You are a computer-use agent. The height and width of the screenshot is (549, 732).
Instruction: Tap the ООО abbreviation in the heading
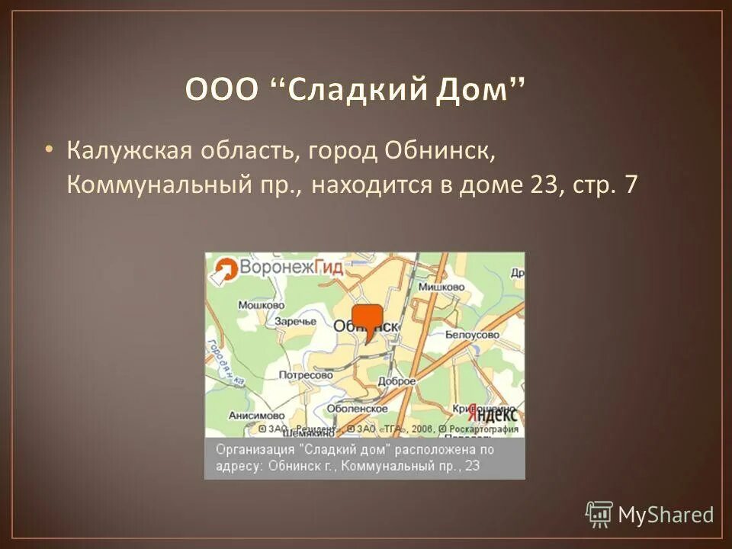point(220,92)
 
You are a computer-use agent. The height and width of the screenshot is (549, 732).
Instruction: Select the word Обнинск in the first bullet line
point(435,151)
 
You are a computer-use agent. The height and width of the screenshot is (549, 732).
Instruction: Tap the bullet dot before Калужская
point(49,149)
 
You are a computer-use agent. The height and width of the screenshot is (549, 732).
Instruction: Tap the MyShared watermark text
point(665,515)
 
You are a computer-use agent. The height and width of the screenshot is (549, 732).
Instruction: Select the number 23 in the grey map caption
point(471,464)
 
